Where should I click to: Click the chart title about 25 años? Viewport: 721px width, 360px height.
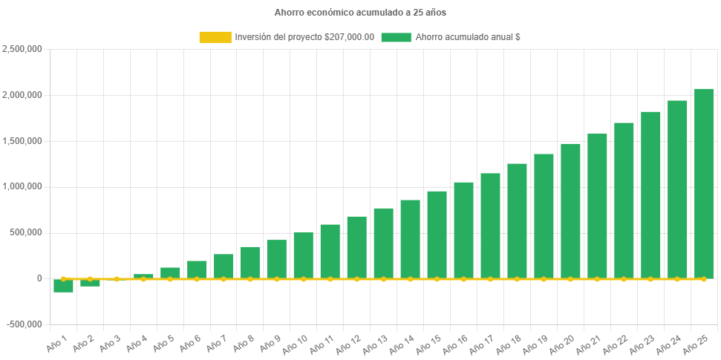(360, 13)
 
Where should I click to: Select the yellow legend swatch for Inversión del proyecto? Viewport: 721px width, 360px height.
(215, 37)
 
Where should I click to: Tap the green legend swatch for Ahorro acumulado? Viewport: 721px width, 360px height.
(396, 37)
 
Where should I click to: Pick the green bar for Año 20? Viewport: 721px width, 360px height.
(570, 211)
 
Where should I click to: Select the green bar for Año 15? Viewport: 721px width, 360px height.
(437, 235)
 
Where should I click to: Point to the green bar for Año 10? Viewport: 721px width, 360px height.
(303, 255)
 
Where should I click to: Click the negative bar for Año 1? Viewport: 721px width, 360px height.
(63, 287)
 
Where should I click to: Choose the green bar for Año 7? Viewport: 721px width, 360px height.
(224, 266)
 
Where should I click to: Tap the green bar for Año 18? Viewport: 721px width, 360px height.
(517, 221)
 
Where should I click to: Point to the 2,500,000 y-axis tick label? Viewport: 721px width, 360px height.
(22, 49)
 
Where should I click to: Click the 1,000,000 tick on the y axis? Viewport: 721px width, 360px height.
(22, 186)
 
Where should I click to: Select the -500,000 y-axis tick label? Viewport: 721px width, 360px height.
(24, 324)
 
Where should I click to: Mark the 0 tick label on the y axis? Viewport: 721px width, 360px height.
(39, 278)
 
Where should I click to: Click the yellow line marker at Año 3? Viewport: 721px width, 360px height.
(117, 279)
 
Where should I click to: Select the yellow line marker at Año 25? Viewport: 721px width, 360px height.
(704, 279)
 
